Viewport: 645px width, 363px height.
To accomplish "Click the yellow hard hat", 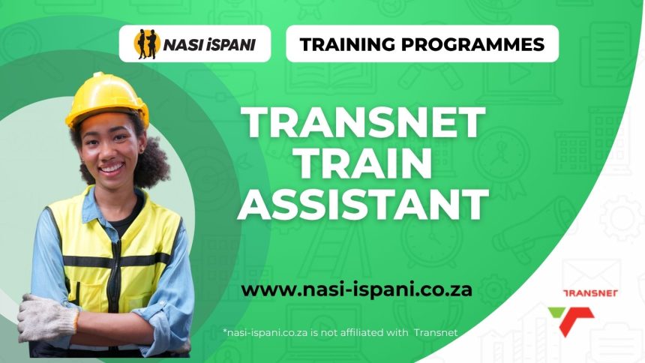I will [x=106, y=97].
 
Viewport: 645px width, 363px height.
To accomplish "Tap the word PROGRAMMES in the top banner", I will [x=475, y=44].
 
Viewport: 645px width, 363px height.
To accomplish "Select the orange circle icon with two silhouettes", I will [x=145, y=43].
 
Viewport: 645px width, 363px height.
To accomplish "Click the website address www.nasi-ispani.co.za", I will [x=356, y=289].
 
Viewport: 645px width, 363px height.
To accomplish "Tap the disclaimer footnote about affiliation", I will [x=340, y=331].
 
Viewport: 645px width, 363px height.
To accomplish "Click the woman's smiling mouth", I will [x=111, y=167].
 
